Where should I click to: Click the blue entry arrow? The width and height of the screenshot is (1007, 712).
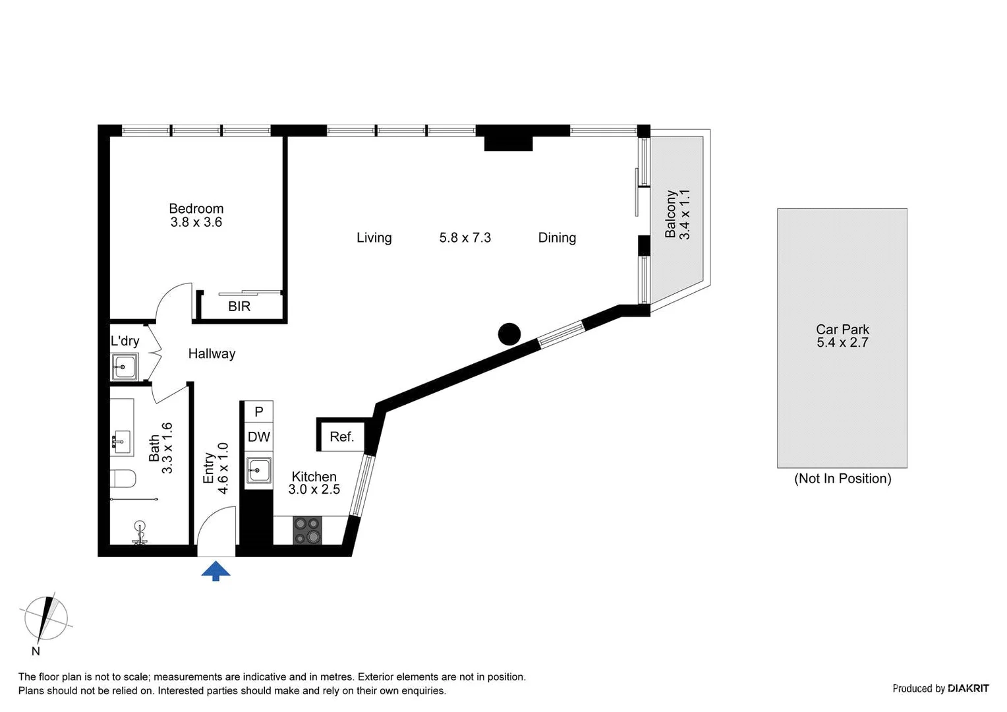pyautogui.click(x=216, y=571)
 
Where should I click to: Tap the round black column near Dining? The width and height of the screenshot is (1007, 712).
pyautogui.click(x=509, y=334)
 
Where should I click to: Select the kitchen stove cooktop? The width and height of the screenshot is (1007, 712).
pyautogui.click(x=307, y=530)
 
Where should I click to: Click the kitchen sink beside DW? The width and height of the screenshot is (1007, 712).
pyautogui.click(x=259, y=471)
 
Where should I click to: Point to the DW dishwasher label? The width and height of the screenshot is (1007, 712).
pyautogui.click(x=259, y=436)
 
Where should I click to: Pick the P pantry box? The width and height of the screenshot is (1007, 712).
pyautogui.click(x=259, y=412)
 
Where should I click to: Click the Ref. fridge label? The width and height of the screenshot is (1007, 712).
pyautogui.click(x=341, y=436)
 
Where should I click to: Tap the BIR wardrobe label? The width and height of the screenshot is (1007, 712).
pyautogui.click(x=239, y=307)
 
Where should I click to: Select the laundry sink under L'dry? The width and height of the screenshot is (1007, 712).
pyautogui.click(x=125, y=367)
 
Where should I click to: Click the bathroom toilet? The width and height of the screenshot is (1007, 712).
pyautogui.click(x=124, y=477)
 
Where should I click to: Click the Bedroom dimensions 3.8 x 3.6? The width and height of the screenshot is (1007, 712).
pyautogui.click(x=196, y=223)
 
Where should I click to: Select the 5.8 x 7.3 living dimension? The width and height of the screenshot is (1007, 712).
pyautogui.click(x=465, y=238)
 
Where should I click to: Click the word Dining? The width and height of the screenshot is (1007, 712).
pyautogui.click(x=557, y=238)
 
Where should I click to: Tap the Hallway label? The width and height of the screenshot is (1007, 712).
pyautogui.click(x=212, y=354)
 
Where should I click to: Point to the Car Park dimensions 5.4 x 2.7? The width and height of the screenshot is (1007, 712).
pyautogui.click(x=842, y=343)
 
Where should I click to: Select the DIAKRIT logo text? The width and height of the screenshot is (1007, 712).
pyautogui.click(x=968, y=688)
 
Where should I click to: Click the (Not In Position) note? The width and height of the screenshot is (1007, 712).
pyautogui.click(x=842, y=479)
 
